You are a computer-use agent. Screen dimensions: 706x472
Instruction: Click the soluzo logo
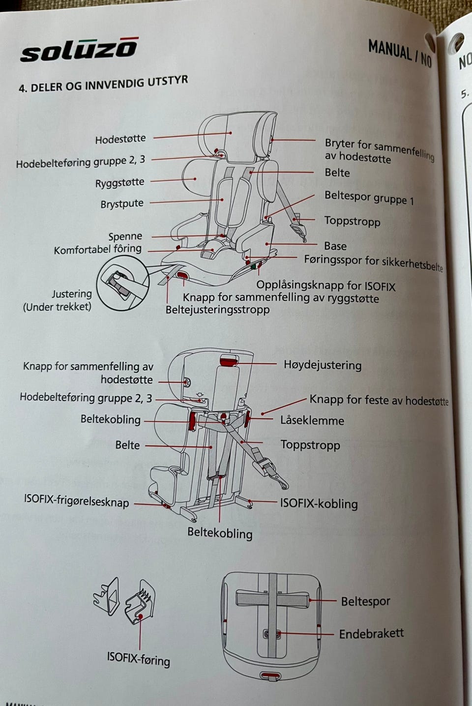[x=79, y=50]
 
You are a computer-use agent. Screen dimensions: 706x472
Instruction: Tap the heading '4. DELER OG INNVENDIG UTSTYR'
[x=103, y=84]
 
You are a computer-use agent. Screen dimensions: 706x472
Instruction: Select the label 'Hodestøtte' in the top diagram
[x=120, y=139]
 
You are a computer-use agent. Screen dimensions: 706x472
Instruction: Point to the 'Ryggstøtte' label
[x=120, y=183]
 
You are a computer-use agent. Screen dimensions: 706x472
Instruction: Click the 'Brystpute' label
[x=122, y=204]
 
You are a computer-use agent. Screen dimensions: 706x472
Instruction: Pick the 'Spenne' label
[x=125, y=236]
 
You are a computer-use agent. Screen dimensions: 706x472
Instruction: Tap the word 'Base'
[x=335, y=246]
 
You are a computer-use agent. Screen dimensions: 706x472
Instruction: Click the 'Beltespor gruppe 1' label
[x=369, y=198]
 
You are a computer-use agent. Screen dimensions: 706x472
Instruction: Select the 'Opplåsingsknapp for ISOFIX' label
[x=325, y=286]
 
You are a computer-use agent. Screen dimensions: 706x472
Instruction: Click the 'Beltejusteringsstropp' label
[x=217, y=310]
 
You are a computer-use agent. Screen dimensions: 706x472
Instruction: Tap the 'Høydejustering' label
[x=323, y=365]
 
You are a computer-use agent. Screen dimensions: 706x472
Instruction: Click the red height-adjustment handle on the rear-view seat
[x=229, y=361]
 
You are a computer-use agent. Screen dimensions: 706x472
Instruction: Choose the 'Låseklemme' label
[x=312, y=421]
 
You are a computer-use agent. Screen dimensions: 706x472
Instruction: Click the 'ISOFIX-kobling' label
[x=319, y=503]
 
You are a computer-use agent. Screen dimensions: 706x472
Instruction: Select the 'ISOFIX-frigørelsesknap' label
[x=76, y=501]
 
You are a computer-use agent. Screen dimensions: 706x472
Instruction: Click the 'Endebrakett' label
[x=371, y=634]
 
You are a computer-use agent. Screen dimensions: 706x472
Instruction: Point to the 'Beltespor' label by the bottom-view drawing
[x=365, y=601]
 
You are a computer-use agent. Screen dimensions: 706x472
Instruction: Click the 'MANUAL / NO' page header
[x=399, y=52]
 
